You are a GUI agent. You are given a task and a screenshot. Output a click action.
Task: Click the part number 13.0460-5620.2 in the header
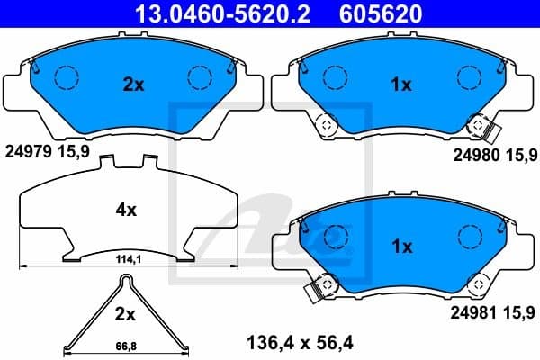tap(217, 13)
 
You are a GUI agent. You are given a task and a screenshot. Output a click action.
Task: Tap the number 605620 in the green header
tap(379, 13)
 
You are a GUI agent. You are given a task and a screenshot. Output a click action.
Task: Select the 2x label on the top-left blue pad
tap(133, 85)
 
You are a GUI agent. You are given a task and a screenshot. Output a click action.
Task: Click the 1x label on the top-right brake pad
tap(400, 85)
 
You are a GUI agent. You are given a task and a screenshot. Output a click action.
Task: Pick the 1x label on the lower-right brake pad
tap(400, 246)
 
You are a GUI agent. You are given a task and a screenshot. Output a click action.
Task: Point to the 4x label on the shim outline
tap(126, 211)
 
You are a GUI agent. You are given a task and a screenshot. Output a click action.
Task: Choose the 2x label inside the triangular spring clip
tap(125, 315)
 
